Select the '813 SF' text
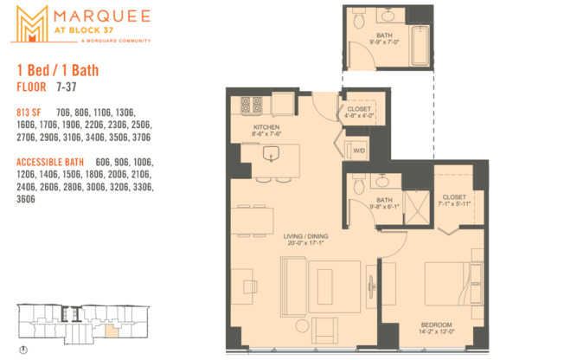click(x=29, y=112)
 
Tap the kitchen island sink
click(x=271, y=157)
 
